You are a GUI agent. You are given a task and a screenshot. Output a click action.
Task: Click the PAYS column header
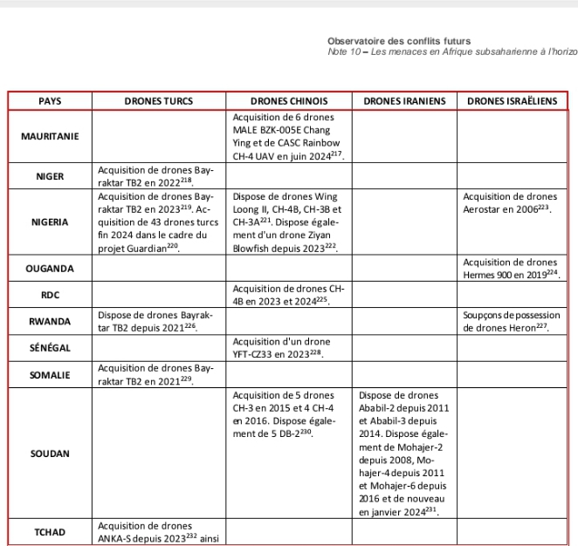pyautogui.click(x=51, y=101)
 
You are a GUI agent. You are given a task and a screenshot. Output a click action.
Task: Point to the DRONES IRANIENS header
pyautogui.click(x=404, y=101)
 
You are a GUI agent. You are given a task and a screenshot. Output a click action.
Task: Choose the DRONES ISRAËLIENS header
pyautogui.click(x=512, y=101)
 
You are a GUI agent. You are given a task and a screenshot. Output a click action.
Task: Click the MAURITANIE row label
pyautogui.click(x=51, y=137)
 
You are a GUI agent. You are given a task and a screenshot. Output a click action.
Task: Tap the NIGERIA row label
pyautogui.click(x=51, y=222)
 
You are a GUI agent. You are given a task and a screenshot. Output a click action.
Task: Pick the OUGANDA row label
pyautogui.click(x=51, y=267)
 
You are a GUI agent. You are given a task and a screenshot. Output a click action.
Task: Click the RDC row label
pyautogui.click(x=51, y=295)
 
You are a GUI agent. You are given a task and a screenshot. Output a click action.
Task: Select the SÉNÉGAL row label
pyautogui.click(x=51, y=347)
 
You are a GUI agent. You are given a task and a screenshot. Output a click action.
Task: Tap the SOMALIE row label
pyautogui.click(x=51, y=374)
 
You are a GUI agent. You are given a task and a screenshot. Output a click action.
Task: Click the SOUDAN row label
pyautogui.click(x=51, y=454)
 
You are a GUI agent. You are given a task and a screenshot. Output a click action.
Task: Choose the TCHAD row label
pyautogui.click(x=51, y=531)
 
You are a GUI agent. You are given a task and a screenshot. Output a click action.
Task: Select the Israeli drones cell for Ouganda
pyautogui.click(x=512, y=267)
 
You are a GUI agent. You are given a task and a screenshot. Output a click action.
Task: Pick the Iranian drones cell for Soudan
pyautogui.click(x=404, y=454)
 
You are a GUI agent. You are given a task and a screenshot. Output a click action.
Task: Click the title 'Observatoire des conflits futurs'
pyautogui.click(x=399, y=41)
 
